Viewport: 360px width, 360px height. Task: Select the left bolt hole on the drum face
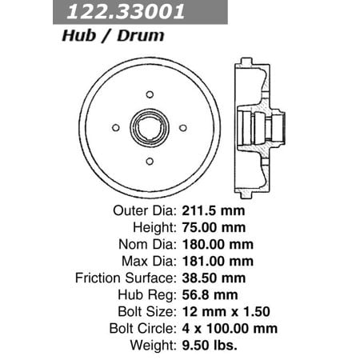(116, 126)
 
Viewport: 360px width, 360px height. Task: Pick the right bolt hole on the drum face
(183, 126)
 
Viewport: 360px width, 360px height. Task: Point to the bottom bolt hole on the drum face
(150, 160)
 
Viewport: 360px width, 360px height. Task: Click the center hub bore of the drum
(150, 127)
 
